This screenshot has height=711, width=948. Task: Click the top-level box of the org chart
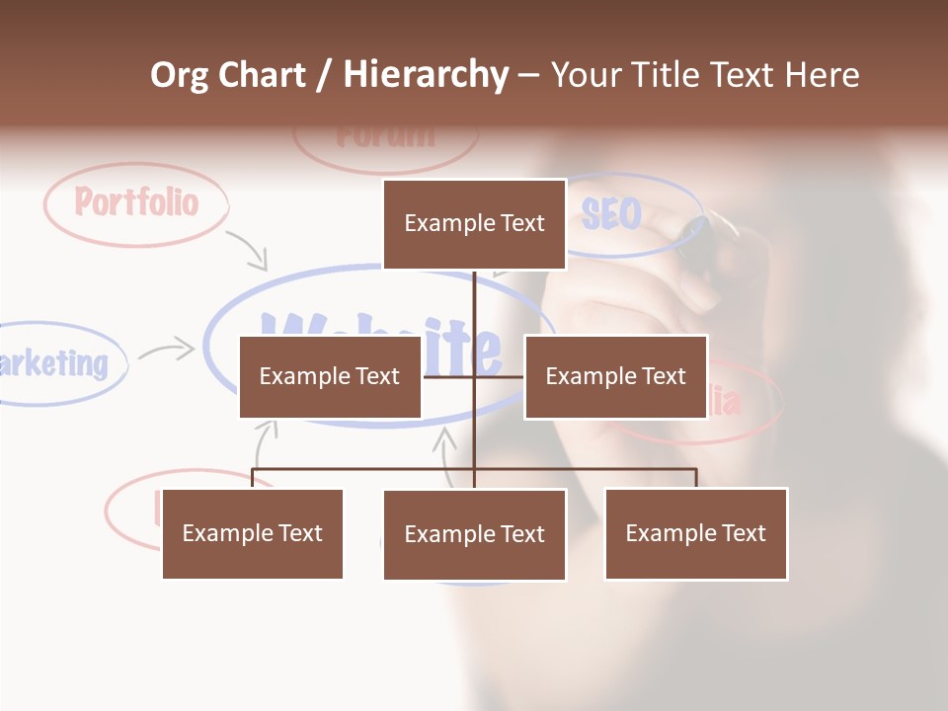[x=474, y=224]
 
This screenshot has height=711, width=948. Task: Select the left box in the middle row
[x=330, y=376]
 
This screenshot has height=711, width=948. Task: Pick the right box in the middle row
[x=615, y=376]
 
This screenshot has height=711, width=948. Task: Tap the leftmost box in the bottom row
[x=253, y=533]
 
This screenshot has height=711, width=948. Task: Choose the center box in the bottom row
[x=474, y=534]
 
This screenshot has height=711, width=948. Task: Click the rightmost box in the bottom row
[x=695, y=533]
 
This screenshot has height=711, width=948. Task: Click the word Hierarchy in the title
[x=426, y=75]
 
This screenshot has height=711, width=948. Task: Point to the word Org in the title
[x=179, y=75]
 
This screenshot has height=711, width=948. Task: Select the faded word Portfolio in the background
[x=136, y=202]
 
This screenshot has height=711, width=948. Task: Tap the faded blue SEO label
[x=610, y=213]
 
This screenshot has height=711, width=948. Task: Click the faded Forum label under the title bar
[x=385, y=135]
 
